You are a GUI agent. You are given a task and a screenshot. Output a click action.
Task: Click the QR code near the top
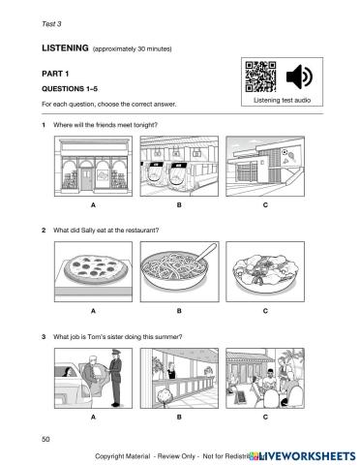tap(261, 77)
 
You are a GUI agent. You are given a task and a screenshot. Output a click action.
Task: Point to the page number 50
tap(46, 439)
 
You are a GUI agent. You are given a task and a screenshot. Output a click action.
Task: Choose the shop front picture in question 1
tap(93, 168)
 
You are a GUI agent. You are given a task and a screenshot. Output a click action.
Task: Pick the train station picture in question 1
tap(179, 168)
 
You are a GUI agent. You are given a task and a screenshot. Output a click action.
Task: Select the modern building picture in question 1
tap(265, 168)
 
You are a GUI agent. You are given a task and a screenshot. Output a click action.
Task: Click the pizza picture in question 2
tap(93, 272)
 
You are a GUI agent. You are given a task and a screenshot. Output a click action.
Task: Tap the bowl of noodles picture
tap(179, 272)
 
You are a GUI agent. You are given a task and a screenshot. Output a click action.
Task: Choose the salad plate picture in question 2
tap(265, 272)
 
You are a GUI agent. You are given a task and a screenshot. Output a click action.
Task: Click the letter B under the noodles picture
tap(179, 312)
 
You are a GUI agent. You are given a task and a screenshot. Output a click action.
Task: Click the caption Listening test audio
tap(280, 100)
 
